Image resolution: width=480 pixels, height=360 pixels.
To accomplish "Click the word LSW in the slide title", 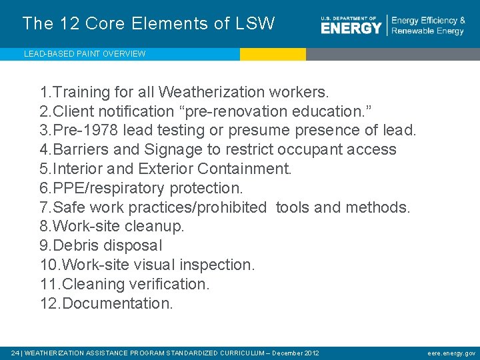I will pyautogui.click(x=255, y=24).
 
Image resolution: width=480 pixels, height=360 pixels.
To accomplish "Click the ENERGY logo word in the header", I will pyautogui.click(x=351, y=28).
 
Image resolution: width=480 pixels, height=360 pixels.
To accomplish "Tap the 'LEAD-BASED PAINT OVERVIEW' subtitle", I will pyautogui.click(x=85, y=54).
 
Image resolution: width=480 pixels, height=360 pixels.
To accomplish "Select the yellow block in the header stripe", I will pyautogui.click(x=273, y=54).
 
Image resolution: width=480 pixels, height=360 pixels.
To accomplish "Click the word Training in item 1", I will pyautogui.click(x=82, y=91).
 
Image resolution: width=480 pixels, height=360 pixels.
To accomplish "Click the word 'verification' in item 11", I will pyautogui.click(x=171, y=284).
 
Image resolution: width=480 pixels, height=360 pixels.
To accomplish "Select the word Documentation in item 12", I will pyautogui.click(x=117, y=303).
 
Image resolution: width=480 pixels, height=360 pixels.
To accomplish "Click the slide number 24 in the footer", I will pyautogui.click(x=15, y=353).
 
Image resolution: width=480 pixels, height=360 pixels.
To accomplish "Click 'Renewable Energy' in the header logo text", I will pyautogui.click(x=427, y=31).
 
